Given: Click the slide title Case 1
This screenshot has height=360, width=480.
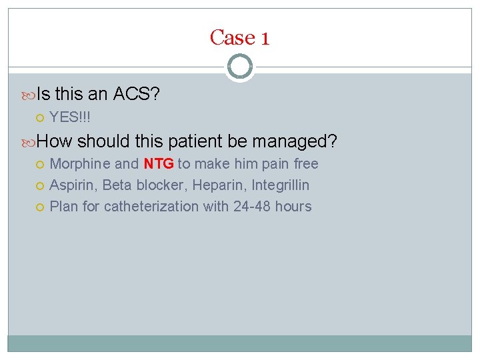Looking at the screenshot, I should click(239, 37).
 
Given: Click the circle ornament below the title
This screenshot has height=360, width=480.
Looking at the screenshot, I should click(239, 67).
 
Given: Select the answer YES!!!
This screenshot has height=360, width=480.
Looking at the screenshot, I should click(70, 117).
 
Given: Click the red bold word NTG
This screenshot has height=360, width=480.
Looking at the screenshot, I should click(158, 164).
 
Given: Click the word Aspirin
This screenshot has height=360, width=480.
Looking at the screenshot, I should click(73, 185).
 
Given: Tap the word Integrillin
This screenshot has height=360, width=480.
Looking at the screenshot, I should click(281, 185).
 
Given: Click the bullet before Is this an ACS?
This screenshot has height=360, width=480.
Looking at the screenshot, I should click(30, 95).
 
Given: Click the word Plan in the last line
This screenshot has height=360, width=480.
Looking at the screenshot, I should click(64, 207).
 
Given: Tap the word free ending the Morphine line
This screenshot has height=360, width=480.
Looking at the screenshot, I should click(306, 164).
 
